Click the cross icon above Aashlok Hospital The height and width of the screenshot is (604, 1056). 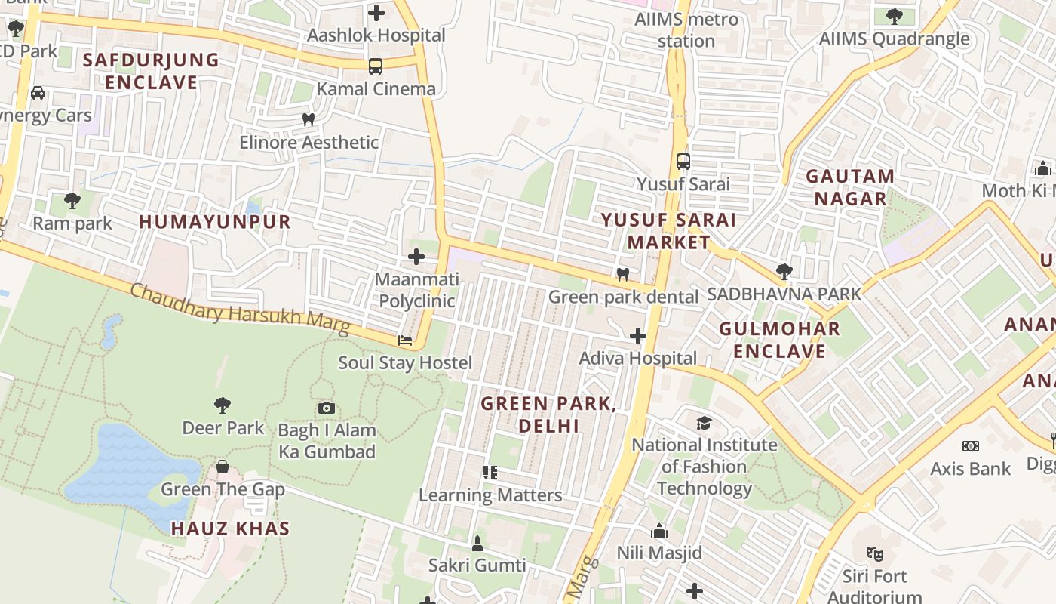tap(376, 13)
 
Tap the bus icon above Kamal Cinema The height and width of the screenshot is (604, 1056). tap(376, 66)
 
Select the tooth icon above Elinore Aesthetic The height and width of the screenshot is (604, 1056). tap(308, 119)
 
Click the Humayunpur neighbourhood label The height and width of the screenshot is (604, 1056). tap(215, 221)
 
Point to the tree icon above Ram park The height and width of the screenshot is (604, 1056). tap(72, 201)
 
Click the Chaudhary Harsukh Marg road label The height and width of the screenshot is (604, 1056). tap(240, 309)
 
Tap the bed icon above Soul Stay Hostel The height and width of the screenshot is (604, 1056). tap(405, 341)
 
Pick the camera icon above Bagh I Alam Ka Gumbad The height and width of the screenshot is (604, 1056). tap(326, 408)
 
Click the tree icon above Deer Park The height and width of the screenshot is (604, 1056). tap(223, 405)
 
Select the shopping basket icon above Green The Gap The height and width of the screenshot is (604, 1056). tap(223, 467)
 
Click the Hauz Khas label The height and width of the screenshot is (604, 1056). tap(230, 528)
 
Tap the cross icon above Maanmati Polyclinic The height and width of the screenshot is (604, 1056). tap(416, 257)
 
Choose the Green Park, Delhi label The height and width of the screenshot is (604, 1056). tap(548, 414)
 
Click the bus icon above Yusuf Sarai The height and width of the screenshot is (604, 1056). tap(683, 162)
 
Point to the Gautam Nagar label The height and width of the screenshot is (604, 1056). tap(850, 187)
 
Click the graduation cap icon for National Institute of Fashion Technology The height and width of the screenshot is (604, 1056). tap(704, 423)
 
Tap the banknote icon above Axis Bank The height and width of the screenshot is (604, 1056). tap(971, 446)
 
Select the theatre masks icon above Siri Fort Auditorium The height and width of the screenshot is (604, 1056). tap(875, 553)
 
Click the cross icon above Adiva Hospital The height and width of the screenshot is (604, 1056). tap(638, 336)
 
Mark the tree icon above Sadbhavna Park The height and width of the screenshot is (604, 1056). tap(784, 271)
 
